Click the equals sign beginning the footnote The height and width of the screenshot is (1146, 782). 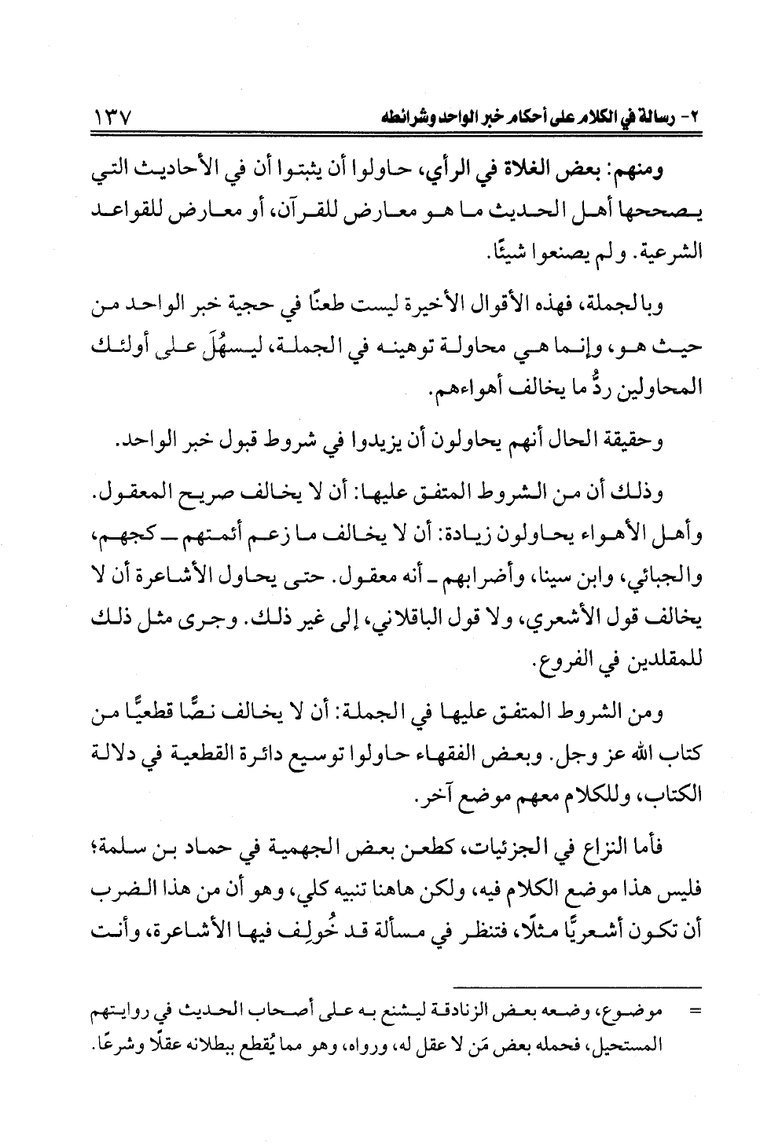[x=693, y=1016]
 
